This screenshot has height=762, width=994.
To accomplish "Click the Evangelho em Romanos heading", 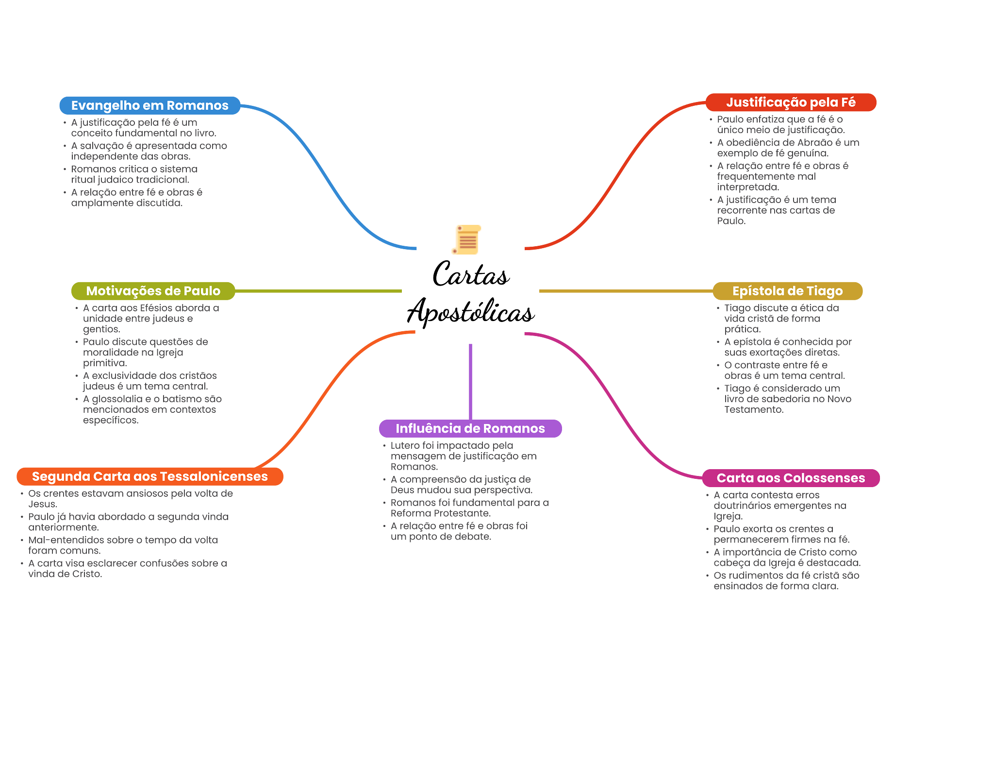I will pyautogui.click(x=149, y=105).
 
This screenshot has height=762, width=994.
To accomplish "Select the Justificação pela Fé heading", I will pyautogui.click(x=791, y=102).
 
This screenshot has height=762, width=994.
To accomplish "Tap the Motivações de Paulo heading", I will pyautogui.click(x=153, y=291).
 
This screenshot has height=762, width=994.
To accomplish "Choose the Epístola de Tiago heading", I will pyautogui.click(x=787, y=291).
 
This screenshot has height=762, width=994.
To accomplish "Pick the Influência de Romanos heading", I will pyautogui.click(x=470, y=428).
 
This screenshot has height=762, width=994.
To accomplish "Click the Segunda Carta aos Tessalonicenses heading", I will pyautogui.click(x=149, y=476).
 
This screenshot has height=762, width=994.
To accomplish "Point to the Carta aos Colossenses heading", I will pyautogui.click(x=791, y=478).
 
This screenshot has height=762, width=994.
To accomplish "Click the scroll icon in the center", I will pyautogui.click(x=466, y=239).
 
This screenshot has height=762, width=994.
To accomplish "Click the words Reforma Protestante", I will pyautogui.click(x=440, y=513).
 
